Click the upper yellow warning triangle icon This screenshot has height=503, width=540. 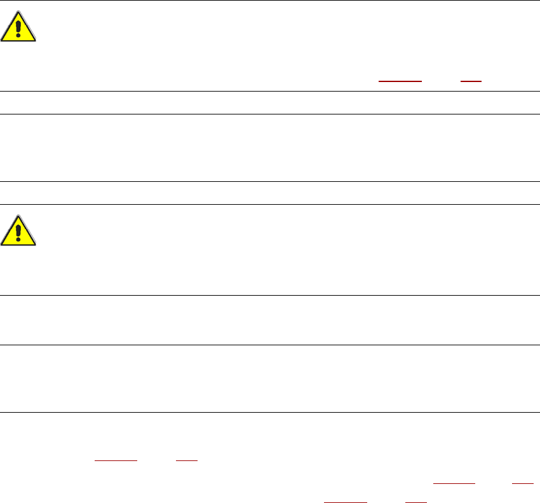(18, 27)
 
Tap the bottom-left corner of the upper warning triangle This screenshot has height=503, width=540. (2, 41)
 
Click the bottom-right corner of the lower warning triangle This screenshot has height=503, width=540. (36, 245)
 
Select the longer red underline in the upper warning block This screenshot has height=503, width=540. (400, 82)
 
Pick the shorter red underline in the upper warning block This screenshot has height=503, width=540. (471, 82)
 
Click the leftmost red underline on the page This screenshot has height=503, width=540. (116, 459)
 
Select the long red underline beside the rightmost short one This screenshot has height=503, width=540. (454, 485)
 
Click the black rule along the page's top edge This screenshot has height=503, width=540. (270, 1)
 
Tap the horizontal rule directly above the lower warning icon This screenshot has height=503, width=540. (270, 204)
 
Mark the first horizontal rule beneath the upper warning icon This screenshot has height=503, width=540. (270, 91)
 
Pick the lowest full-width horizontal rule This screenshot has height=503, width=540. (270, 412)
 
